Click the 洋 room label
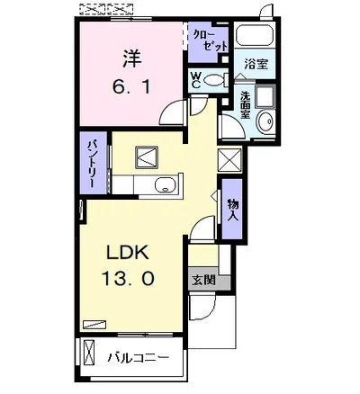[131, 58]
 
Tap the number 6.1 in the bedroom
[131, 86]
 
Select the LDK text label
[128, 252]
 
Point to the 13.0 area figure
[128, 278]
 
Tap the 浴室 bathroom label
[256, 64]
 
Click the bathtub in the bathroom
[255, 36]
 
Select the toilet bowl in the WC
[212, 80]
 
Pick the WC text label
[196, 80]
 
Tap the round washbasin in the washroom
[266, 121]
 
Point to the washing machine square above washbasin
[265, 95]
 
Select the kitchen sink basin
[166, 185]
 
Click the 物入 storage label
[233, 210]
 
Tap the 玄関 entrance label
[203, 281]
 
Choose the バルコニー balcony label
[139, 357]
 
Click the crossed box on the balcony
[89, 352]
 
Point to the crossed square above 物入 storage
[229, 160]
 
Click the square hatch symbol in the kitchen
[147, 157]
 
